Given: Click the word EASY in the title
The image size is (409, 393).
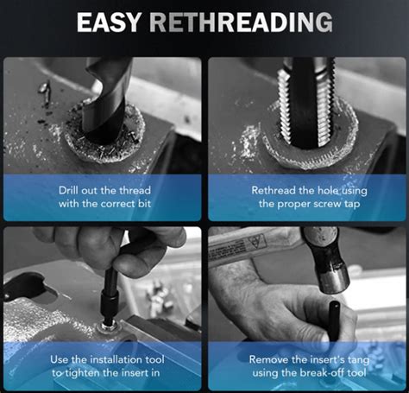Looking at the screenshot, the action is (x=109, y=22).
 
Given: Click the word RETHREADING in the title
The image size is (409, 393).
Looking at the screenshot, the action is (x=241, y=22).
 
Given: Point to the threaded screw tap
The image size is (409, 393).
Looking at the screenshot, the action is (x=306, y=102).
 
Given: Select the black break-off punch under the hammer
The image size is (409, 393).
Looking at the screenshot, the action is (x=335, y=322).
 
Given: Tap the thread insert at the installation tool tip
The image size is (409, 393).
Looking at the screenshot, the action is (x=108, y=326).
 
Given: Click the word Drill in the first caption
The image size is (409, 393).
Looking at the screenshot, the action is (x=68, y=190).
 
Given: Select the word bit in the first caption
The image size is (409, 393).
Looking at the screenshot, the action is (x=144, y=204).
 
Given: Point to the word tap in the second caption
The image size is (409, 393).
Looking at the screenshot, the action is (x=352, y=205).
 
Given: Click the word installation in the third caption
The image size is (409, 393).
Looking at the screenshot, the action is (x=116, y=359).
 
